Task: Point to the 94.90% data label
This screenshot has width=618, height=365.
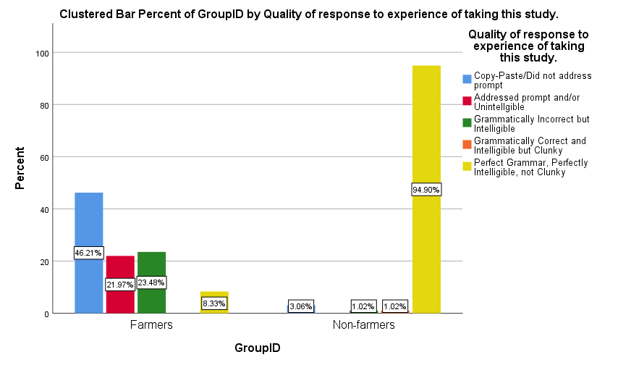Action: click(426, 190)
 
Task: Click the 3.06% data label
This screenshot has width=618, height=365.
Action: click(300, 306)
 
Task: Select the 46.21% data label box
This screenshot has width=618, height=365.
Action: click(88, 253)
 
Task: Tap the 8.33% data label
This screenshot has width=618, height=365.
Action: click(214, 303)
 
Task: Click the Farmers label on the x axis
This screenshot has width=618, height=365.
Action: click(151, 325)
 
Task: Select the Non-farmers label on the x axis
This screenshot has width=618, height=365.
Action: click(363, 325)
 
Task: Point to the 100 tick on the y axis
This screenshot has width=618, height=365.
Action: click(42, 53)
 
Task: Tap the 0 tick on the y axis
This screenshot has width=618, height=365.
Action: click(46, 314)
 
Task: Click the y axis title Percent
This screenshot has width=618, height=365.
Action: click(20, 169)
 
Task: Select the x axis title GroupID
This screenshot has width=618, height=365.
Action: click(257, 348)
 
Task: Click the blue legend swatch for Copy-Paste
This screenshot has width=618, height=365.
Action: click(467, 79)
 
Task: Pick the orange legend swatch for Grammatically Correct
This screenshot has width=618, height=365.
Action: click(467, 144)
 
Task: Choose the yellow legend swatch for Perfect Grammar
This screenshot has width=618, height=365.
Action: click(467, 167)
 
